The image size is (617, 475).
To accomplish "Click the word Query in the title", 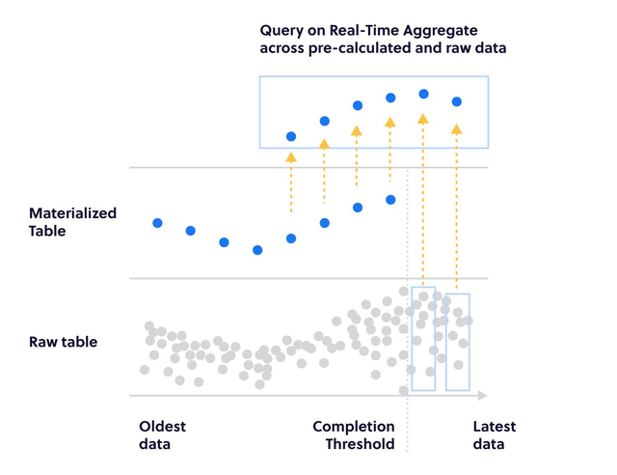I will pyautogui.click(x=282, y=29).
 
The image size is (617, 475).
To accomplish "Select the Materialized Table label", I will pyautogui.click(x=72, y=222).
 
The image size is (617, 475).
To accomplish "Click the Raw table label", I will pyautogui.click(x=63, y=342).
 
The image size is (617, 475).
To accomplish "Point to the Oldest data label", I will pyautogui.click(x=162, y=435).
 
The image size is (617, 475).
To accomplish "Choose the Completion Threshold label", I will pyautogui.click(x=353, y=435).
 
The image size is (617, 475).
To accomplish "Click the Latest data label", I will pyautogui.click(x=494, y=435).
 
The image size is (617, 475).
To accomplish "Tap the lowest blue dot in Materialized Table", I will pyautogui.click(x=257, y=250).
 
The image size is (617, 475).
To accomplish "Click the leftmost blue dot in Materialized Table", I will pyautogui.click(x=157, y=223).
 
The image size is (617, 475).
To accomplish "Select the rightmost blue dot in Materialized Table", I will pyautogui.click(x=390, y=200).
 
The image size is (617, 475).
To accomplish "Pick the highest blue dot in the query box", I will pyautogui.click(x=423, y=94).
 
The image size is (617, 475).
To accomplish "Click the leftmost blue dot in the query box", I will pyautogui.click(x=290, y=135).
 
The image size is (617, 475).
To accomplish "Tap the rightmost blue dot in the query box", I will pyautogui.click(x=457, y=101).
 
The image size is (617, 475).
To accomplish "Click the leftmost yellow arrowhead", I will pyautogui.click(x=290, y=154).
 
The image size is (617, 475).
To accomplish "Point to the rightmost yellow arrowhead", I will pyautogui.click(x=457, y=127).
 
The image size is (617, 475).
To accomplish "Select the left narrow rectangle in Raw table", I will pyautogui.click(x=423, y=339).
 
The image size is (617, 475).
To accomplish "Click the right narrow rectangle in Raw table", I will pyautogui.click(x=458, y=342).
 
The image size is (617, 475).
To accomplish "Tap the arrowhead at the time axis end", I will pyautogui.click(x=482, y=395).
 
